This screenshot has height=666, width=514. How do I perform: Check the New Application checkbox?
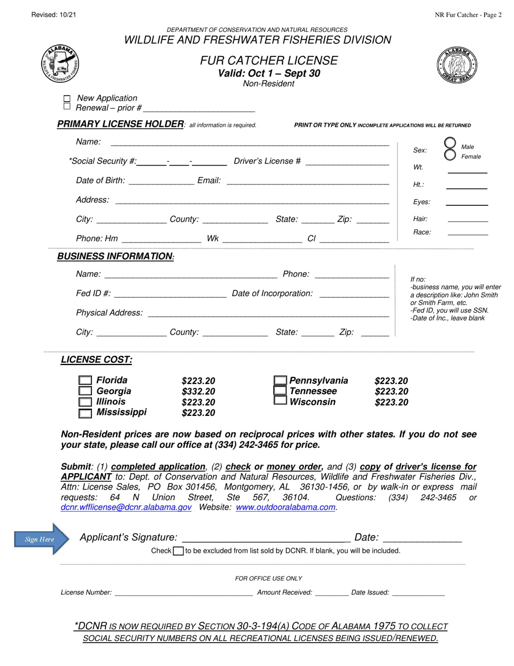tap(67, 99)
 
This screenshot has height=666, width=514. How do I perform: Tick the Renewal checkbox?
tap(67, 107)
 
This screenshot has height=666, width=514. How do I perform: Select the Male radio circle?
tap(450, 143)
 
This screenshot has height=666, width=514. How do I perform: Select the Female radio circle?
tap(450, 154)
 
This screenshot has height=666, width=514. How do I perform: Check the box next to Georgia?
tap(85, 391)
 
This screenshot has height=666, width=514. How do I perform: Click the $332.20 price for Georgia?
tap(199, 391)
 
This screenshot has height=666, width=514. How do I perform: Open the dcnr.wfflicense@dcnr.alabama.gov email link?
tap(126, 507)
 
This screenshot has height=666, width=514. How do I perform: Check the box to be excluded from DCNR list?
tap(178, 551)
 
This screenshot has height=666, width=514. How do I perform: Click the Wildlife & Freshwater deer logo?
tap(60, 63)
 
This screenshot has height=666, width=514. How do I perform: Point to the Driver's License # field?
tap(347, 162)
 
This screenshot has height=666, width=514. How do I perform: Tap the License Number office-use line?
tap(184, 593)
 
